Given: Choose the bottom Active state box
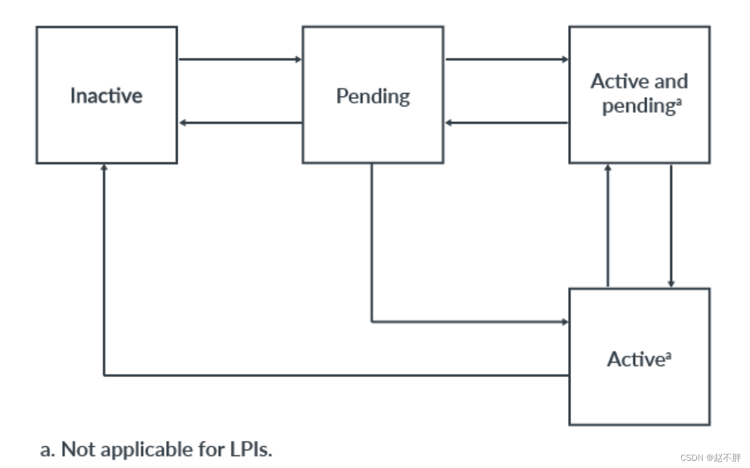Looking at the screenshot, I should click(x=639, y=393).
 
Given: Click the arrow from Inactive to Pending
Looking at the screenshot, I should click(x=240, y=59).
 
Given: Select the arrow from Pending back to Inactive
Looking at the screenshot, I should click(x=240, y=123).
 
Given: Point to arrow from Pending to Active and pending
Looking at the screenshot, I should click(x=506, y=59).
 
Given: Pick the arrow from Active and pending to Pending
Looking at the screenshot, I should click(x=506, y=123).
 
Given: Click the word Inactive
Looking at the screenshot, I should click(x=106, y=95).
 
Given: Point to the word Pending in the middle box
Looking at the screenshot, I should click(x=373, y=96).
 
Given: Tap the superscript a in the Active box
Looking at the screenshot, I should click(x=668, y=355).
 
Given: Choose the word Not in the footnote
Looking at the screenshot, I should click(x=77, y=450).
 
